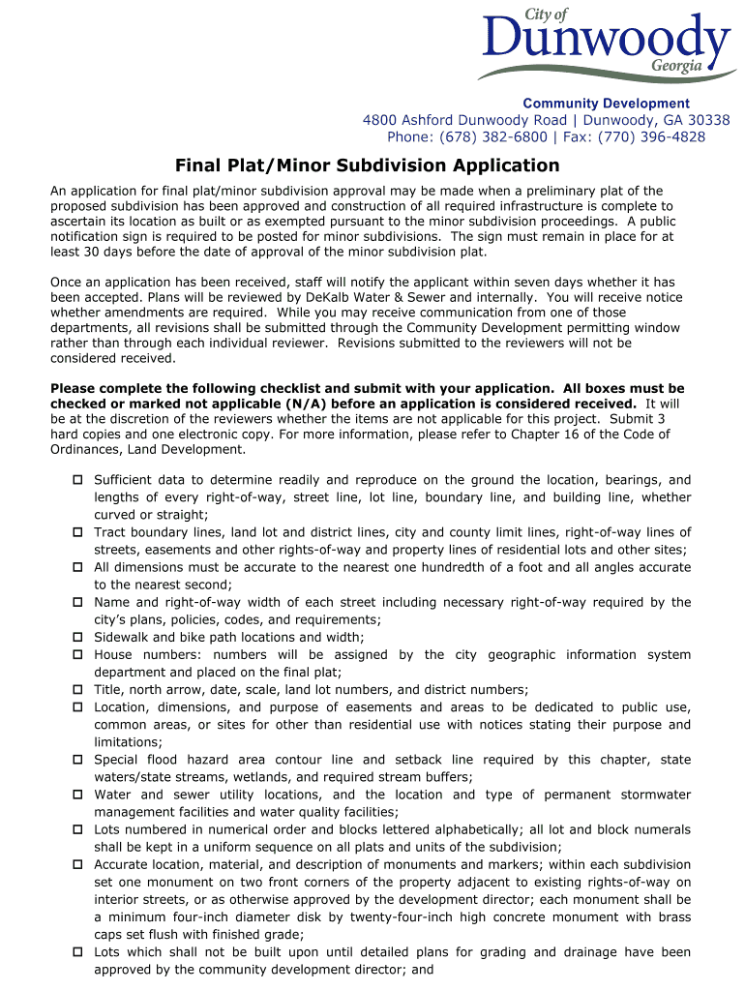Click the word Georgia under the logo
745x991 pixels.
(676, 67)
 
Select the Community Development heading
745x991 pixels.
(606, 104)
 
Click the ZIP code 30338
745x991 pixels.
(710, 120)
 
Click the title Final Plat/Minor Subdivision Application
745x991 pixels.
(367, 165)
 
